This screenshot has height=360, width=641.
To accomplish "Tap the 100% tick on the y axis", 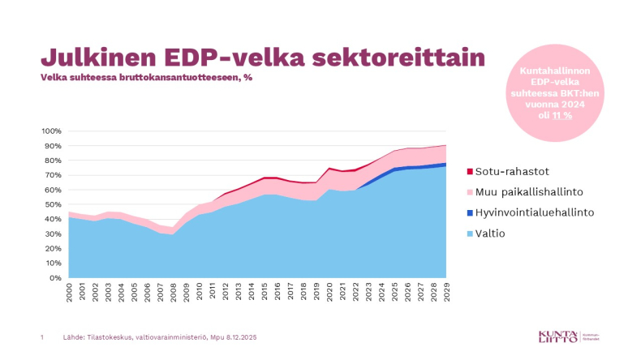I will (x=51, y=131).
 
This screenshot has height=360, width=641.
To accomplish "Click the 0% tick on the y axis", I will (x=55, y=278).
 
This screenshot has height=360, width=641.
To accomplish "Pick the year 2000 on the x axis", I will (x=70, y=293).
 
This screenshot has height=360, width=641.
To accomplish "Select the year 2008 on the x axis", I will (x=174, y=293).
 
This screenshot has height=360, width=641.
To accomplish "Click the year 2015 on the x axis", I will (x=265, y=293).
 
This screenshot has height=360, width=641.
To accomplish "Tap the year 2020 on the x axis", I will (x=329, y=293).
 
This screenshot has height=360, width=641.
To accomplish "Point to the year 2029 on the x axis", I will (x=446, y=293).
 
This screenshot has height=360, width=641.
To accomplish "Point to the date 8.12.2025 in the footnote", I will (x=243, y=336).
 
